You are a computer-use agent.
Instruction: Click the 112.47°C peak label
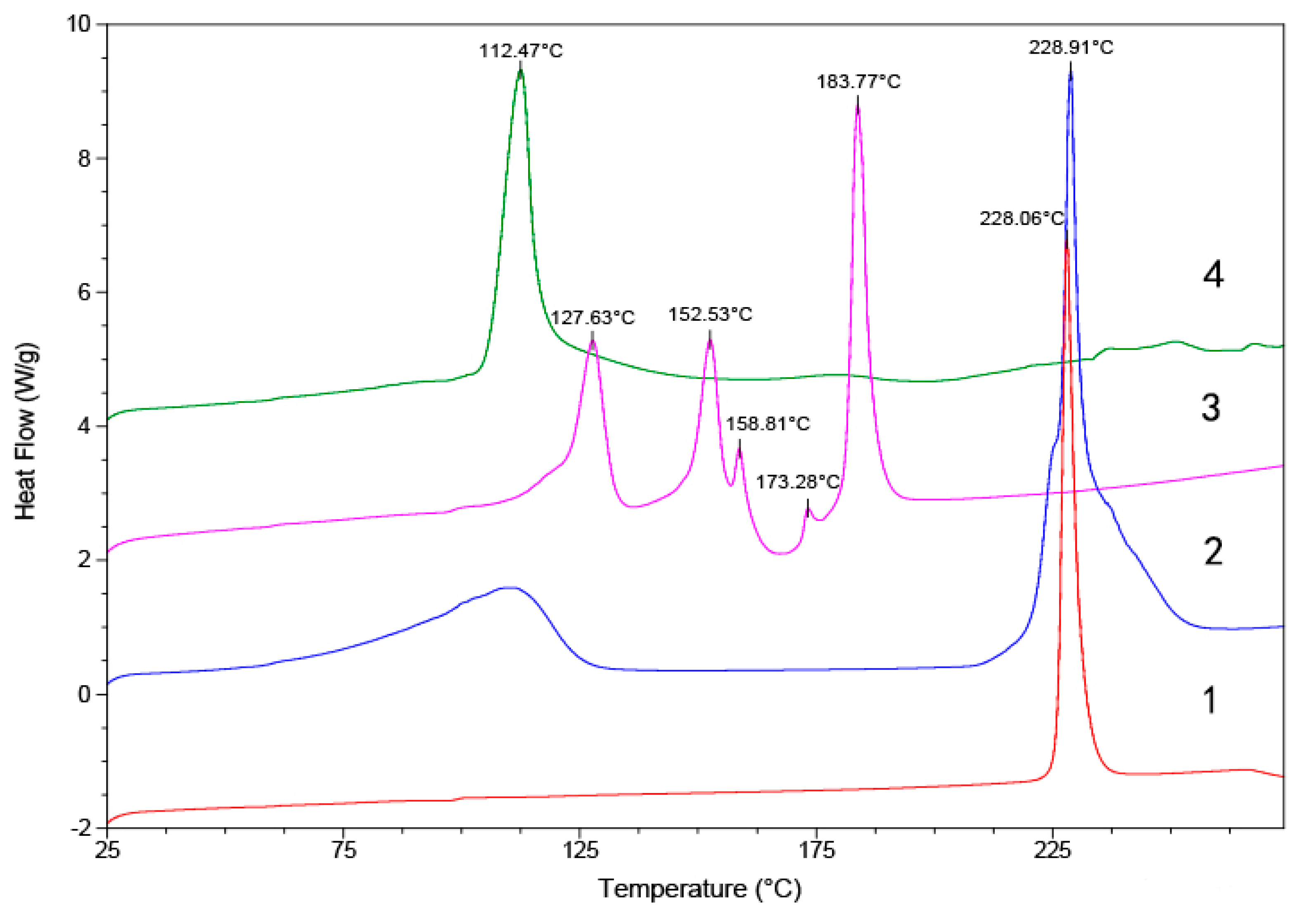pos(520,51)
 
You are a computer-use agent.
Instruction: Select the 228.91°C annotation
pos(1070,47)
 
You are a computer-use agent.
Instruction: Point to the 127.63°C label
pos(593,318)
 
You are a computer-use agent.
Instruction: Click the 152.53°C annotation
pos(710,315)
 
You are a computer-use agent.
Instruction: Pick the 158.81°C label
pos(768,423)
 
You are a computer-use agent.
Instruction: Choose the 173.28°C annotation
pos(798,482)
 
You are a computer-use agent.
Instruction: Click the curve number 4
pos(1213,276)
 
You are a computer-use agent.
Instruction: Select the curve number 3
pos(1211,408)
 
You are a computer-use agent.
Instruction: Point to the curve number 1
pos(1210,700)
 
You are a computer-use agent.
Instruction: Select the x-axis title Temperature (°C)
pos(699,889)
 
